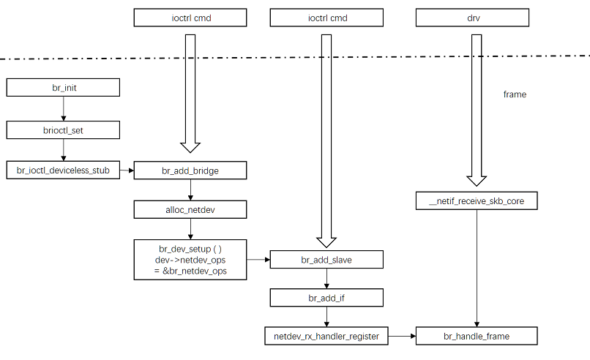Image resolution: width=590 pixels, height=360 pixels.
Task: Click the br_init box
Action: coord(63,88)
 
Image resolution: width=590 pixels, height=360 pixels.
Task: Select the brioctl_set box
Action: coord(63,130)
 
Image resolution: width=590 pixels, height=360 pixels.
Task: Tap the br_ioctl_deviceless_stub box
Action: coord(63,170)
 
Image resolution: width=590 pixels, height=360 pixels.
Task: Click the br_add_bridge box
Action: coord(190,170)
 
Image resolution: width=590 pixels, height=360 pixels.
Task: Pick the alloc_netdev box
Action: coord(190,210)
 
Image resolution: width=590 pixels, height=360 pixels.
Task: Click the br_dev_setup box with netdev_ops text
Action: coord(190,259)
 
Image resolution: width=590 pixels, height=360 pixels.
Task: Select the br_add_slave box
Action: coord(326,259)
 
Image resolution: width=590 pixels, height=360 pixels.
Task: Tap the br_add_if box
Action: coord(326,298)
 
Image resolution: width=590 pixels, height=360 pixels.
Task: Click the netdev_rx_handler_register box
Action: coord(326,337)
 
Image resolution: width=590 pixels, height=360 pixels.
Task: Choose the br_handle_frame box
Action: coord(477,337)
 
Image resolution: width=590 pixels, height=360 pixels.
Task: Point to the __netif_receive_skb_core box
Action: coord(477,200)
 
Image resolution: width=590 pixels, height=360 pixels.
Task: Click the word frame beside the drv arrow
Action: coord(515,95)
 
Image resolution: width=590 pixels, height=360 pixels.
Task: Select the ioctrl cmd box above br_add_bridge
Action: coord(190,18)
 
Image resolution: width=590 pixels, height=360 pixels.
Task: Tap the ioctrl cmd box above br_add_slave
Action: coord(326,18)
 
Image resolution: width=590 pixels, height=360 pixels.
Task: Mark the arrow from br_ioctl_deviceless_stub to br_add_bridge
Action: coord(121,170)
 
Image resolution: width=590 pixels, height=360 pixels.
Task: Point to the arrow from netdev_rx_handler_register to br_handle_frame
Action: coord(402,337)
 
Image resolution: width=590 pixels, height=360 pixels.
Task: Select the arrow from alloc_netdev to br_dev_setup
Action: coord(190,229)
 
